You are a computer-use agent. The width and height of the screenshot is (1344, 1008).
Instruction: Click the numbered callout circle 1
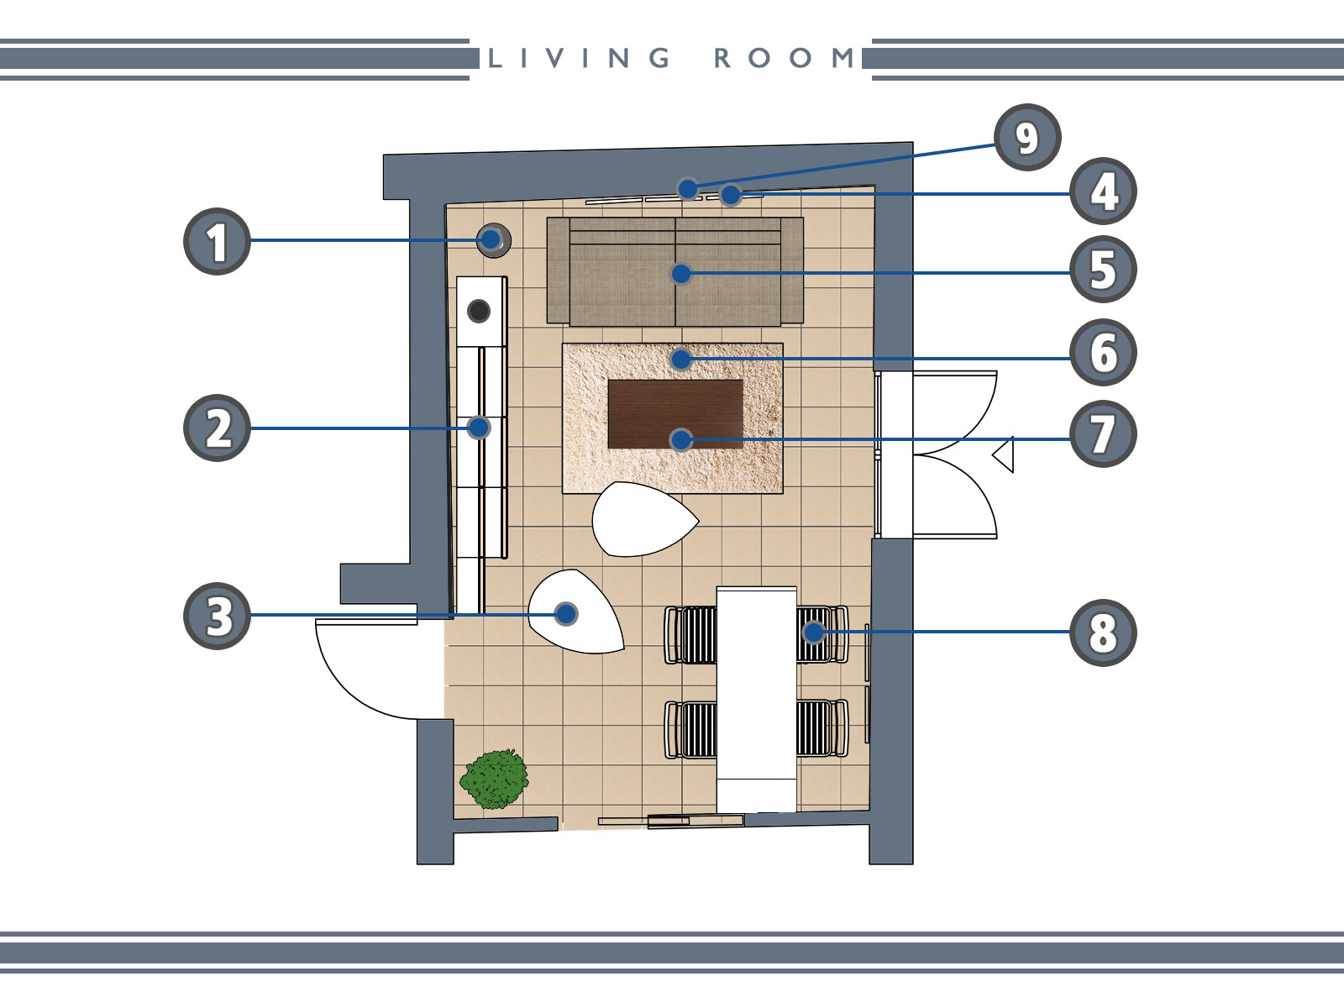point(217,241)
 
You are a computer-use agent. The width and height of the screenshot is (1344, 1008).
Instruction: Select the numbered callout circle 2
point(217,428)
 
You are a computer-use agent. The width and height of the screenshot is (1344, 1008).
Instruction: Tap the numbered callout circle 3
point(217,616)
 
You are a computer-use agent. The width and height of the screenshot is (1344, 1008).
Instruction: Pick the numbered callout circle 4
point(1104,191)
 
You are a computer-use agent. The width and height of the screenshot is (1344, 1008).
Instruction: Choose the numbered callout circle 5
point(1104,270)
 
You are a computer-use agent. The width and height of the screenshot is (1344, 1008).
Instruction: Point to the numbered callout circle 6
point(1104,352)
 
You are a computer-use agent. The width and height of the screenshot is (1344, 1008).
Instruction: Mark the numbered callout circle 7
point(1104,434)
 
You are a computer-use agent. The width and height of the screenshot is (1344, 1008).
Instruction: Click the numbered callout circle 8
point(1104,633)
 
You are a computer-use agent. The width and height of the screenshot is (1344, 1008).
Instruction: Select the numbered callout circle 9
point(1027,137)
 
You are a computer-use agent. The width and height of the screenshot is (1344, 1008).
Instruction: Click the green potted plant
point(494,779)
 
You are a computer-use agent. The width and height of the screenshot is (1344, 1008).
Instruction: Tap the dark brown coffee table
point(675,414)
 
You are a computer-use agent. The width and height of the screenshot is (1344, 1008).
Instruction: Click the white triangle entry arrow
point(1003,454)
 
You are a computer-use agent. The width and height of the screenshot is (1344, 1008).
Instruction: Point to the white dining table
point(757,700)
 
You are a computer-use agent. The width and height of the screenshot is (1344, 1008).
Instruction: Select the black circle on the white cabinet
point(479,311)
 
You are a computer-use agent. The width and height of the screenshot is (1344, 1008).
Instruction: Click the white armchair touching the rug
point(644,519)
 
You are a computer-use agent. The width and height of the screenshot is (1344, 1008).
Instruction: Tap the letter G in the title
point(659,58)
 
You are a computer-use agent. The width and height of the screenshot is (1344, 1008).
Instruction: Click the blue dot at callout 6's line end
point(681,360)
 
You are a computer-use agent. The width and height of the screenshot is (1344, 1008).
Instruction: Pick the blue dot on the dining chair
point(814,633)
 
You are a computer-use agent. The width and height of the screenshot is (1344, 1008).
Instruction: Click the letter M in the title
point(843,58)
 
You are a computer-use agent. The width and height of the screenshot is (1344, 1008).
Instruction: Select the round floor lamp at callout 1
point(494,240)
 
